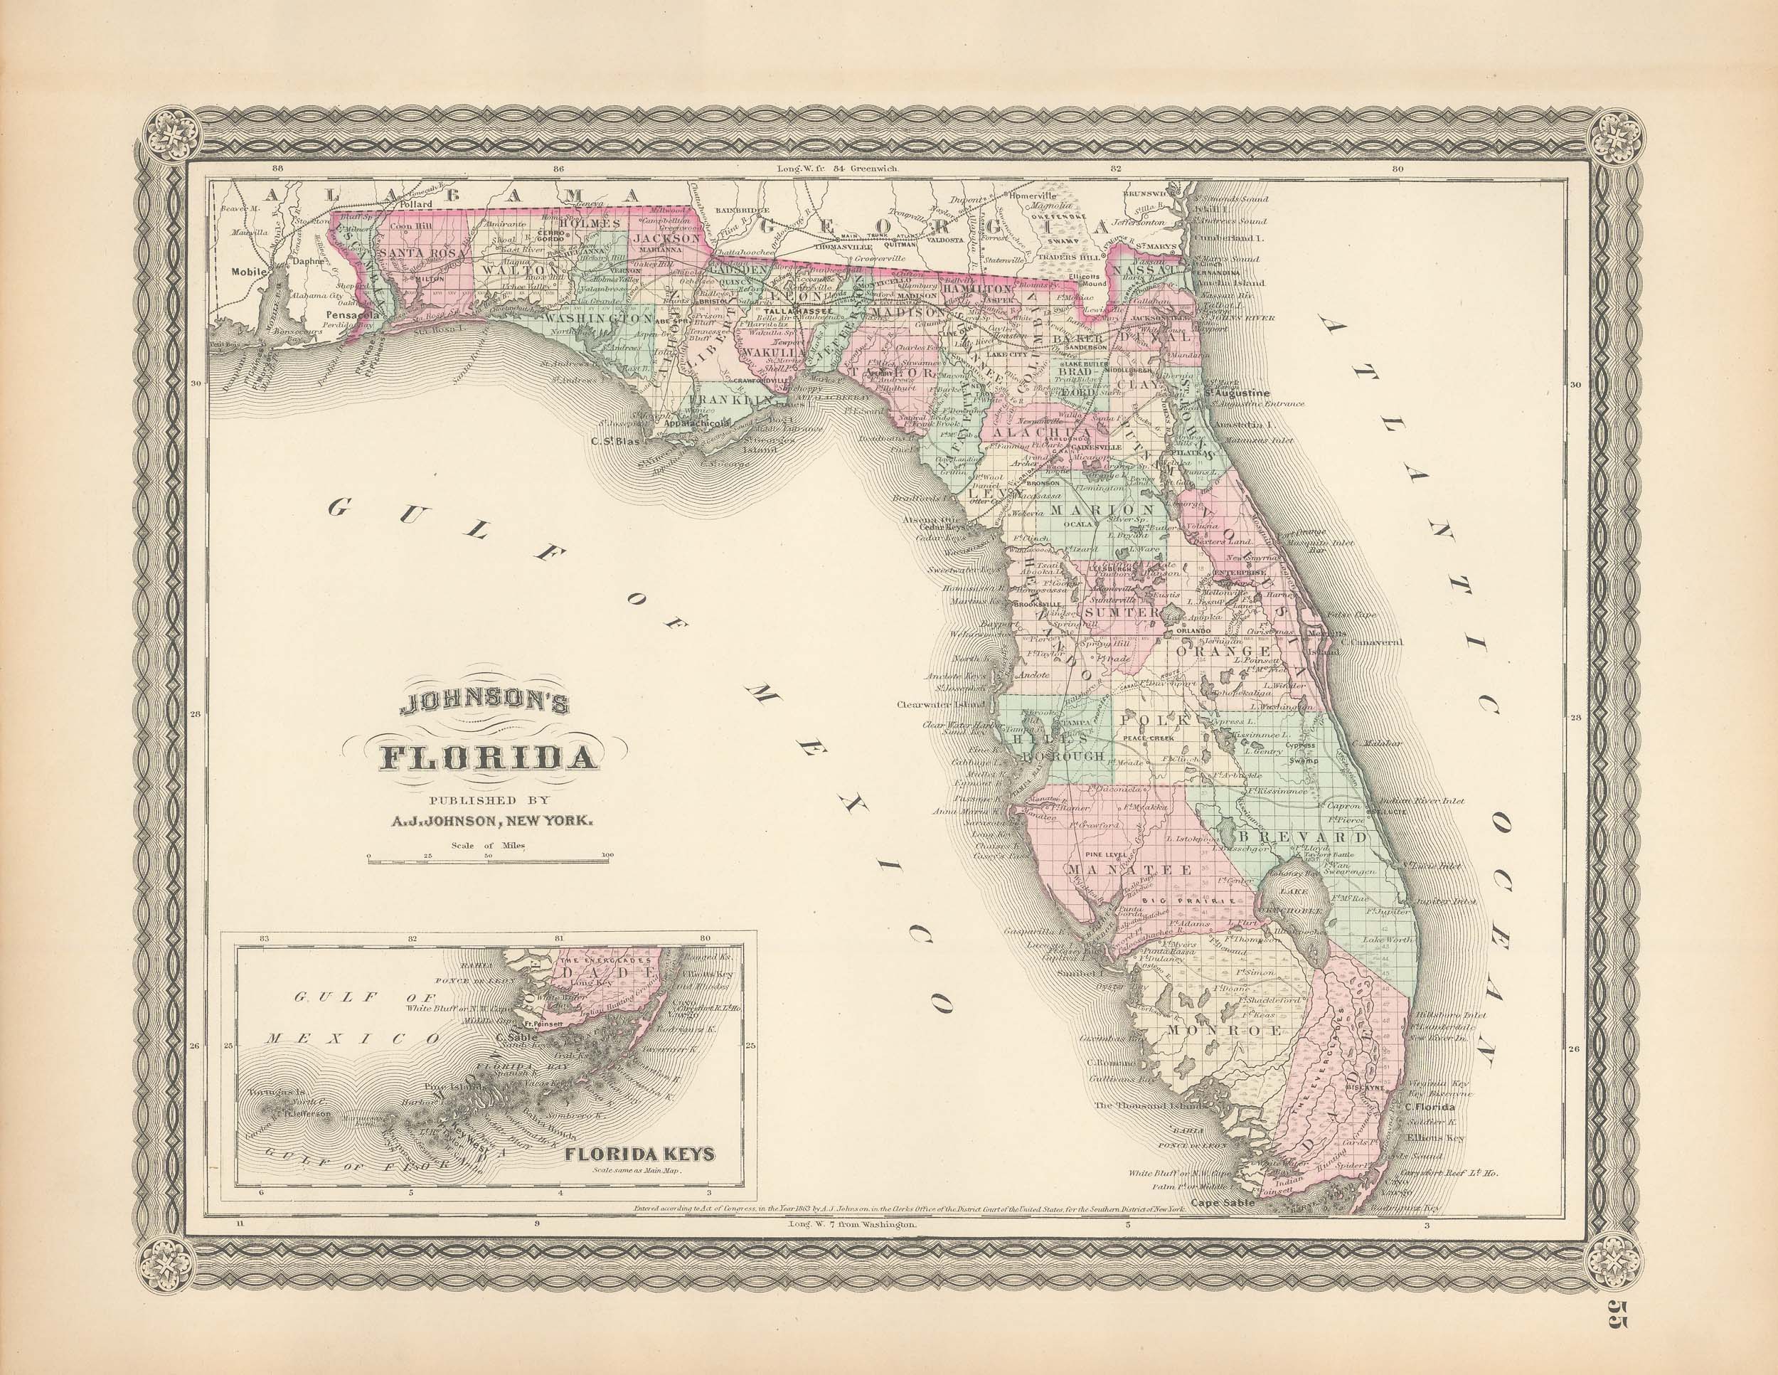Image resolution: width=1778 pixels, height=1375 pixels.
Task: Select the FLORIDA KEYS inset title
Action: point(640,1154)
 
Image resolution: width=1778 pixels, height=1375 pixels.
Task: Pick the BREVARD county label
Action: point(1301,837)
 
